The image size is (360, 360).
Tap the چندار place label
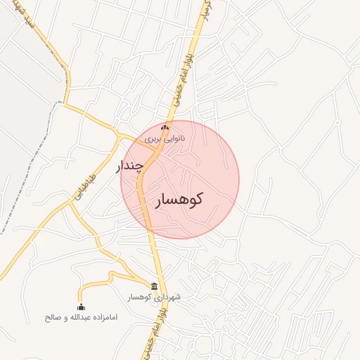point(133,167)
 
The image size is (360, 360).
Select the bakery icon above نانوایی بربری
point(165,127)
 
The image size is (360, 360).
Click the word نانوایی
point(173,139)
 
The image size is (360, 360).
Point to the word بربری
point(153,139)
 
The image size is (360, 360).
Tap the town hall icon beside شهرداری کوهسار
point(154,285)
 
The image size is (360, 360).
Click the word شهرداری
point(166,297)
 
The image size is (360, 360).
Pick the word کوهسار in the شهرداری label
point(139,297)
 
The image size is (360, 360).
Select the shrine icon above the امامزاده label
point(81,307)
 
